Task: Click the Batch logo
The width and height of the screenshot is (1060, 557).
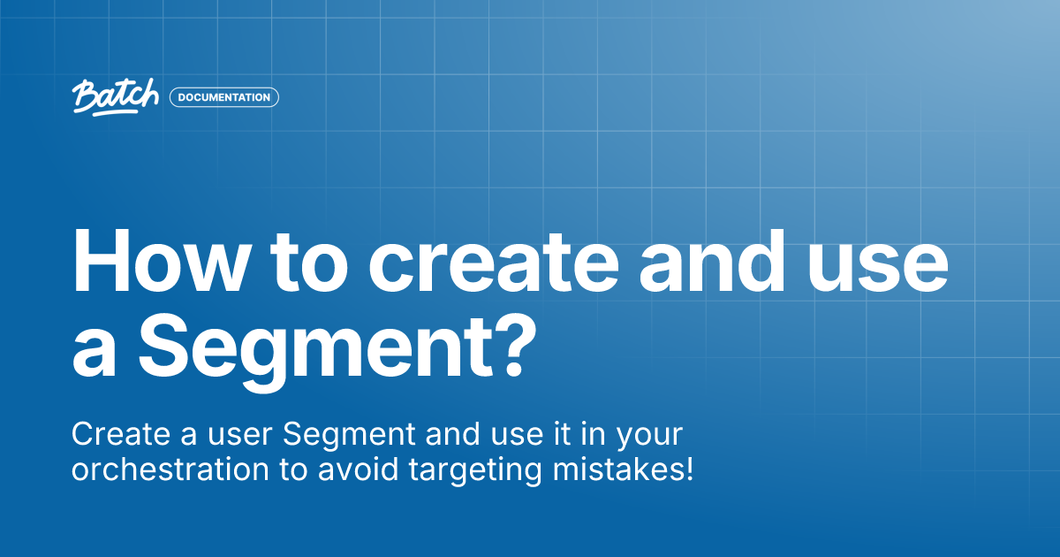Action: [116, 97]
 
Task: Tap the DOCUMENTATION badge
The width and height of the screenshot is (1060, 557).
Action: [224, 97]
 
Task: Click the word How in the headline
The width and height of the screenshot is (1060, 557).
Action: [161, 262]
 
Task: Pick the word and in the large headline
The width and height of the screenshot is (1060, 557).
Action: [713, 262]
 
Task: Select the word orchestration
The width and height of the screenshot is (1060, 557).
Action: [170, 469]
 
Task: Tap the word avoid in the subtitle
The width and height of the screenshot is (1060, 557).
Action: [359, 469]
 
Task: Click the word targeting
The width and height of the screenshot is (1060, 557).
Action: [475, 471]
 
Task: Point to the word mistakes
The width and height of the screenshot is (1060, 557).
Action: [617, 469]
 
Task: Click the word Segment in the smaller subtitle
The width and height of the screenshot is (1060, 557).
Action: [349, 434]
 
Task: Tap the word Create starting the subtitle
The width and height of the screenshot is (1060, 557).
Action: [121, 434]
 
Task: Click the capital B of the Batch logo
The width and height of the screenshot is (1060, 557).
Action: [85, 96]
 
